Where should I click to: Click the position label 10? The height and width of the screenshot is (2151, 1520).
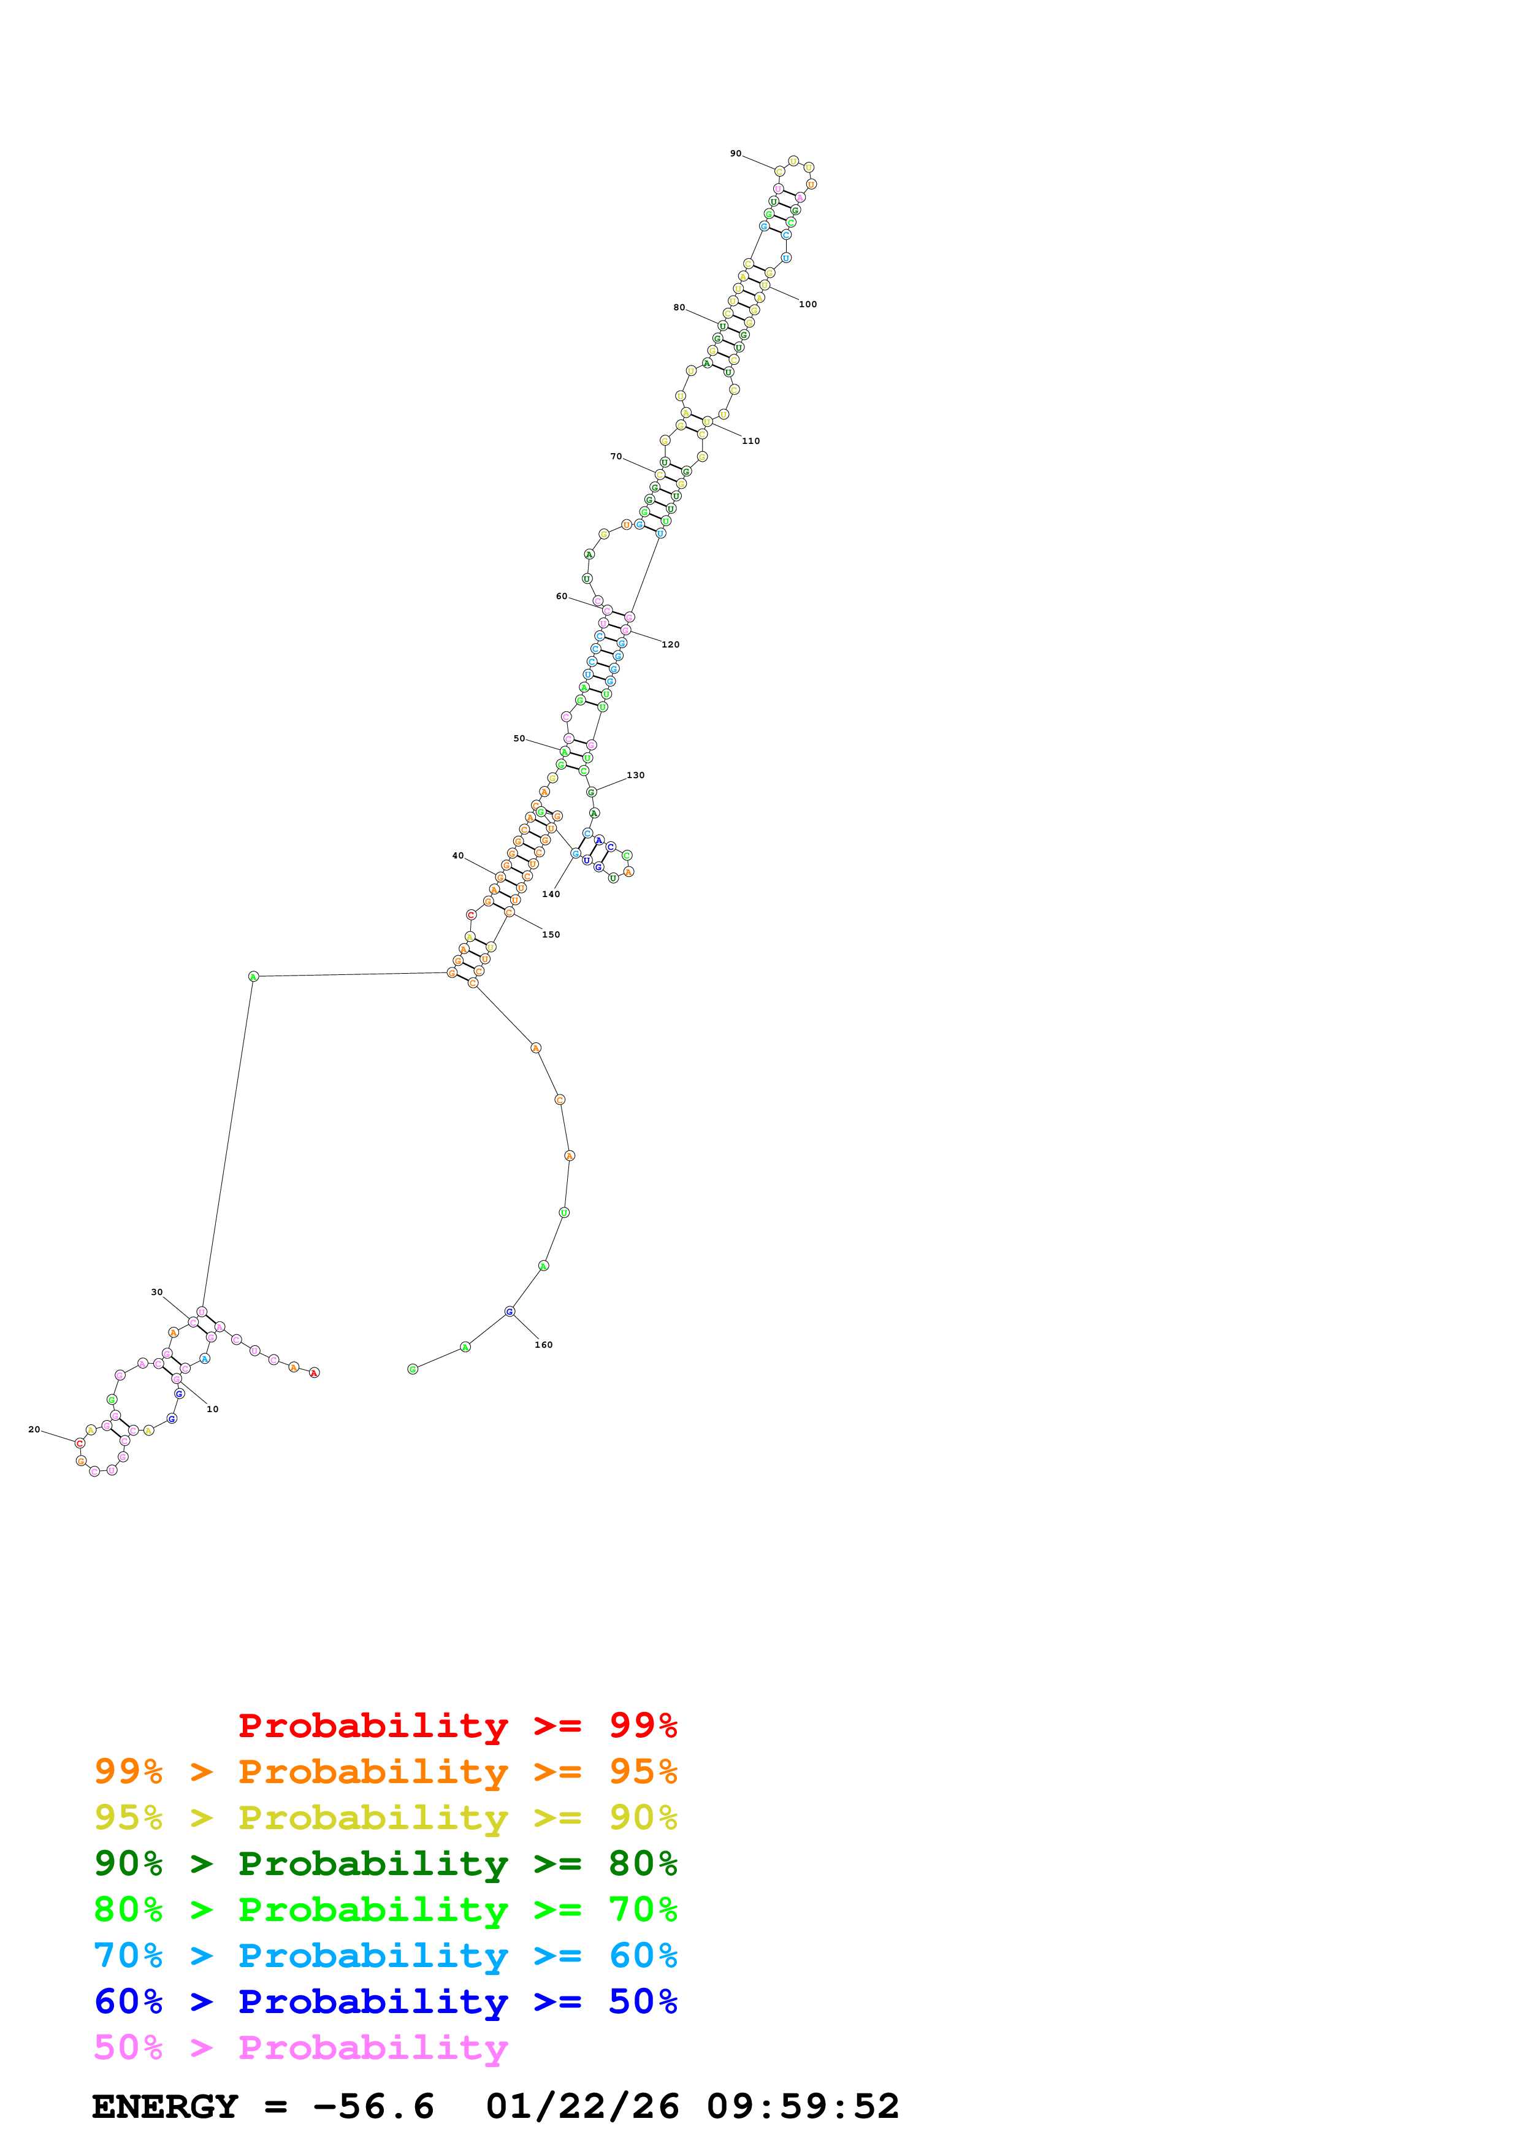point(213,1409)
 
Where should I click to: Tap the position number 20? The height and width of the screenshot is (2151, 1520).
point(34,1430)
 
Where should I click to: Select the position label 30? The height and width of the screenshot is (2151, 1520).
point(156,1292)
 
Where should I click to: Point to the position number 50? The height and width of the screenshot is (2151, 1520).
point(519,738)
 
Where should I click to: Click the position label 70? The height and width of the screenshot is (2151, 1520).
point(616,456)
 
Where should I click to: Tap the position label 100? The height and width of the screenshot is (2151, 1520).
point(808,305)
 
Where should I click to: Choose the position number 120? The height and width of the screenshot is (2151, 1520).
point(671,644)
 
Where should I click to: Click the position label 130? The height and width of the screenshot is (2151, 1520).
point(635,775)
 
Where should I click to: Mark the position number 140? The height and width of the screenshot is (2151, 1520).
point(551,894)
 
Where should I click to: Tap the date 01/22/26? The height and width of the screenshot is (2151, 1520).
point(582,2106)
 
